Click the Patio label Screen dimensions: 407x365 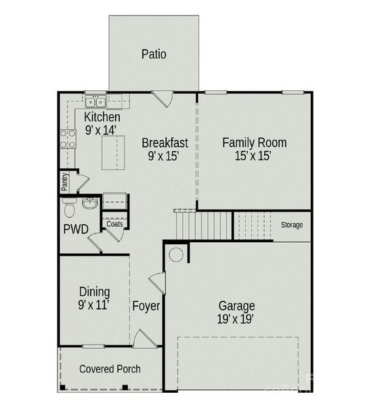154,54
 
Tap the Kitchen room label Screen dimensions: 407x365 102,117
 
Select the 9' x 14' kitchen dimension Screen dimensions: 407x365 102,130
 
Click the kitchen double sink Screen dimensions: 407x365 95,102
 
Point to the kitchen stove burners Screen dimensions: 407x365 68,139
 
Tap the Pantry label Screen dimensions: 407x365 65,181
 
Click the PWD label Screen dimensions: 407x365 76,229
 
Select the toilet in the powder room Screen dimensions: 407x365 69,206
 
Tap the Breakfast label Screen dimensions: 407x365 165,143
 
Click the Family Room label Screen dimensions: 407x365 254,142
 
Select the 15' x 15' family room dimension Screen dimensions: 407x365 254,156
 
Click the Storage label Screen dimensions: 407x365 292,225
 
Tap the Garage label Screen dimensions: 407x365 236,305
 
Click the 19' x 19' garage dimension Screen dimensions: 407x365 236,319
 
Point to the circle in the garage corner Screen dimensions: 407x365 175,255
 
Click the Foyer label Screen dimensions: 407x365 146,306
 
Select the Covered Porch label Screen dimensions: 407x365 110,369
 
